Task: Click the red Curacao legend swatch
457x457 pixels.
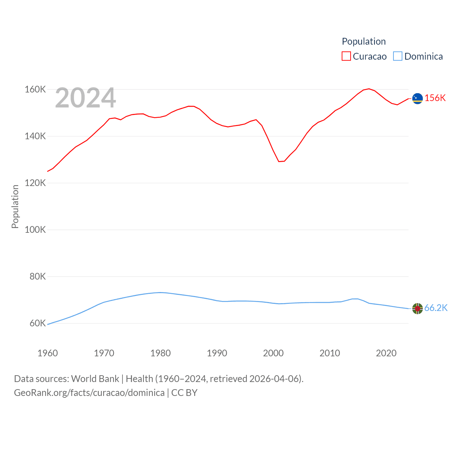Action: coord(346,56)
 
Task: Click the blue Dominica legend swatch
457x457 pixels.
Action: coord(398,56)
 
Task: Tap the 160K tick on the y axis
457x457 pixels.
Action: coord(35,89)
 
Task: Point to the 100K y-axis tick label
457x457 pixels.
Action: coord(35,230)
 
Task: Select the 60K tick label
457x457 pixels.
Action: coord(37,323)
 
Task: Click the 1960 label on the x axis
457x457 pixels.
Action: coord(47,353)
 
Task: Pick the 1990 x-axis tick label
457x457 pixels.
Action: coord(217,353)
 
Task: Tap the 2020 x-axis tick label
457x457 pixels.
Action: coord(386,353)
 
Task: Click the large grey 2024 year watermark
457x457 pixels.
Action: coord(85,98)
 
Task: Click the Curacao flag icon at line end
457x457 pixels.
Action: coord(417,98)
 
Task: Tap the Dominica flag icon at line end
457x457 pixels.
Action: coord(417,308)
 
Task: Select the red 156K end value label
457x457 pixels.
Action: coord(435,98)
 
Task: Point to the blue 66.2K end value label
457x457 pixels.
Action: coord(436,308)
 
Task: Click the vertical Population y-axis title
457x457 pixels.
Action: coord(15,206)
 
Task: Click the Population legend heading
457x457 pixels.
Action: coord(363,41)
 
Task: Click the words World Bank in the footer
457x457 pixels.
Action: coord(95,379)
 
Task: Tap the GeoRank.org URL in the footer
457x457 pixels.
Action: coord(89,393)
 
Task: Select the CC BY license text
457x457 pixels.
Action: coord(184,393)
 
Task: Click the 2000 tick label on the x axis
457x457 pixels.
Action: coord(273,353)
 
